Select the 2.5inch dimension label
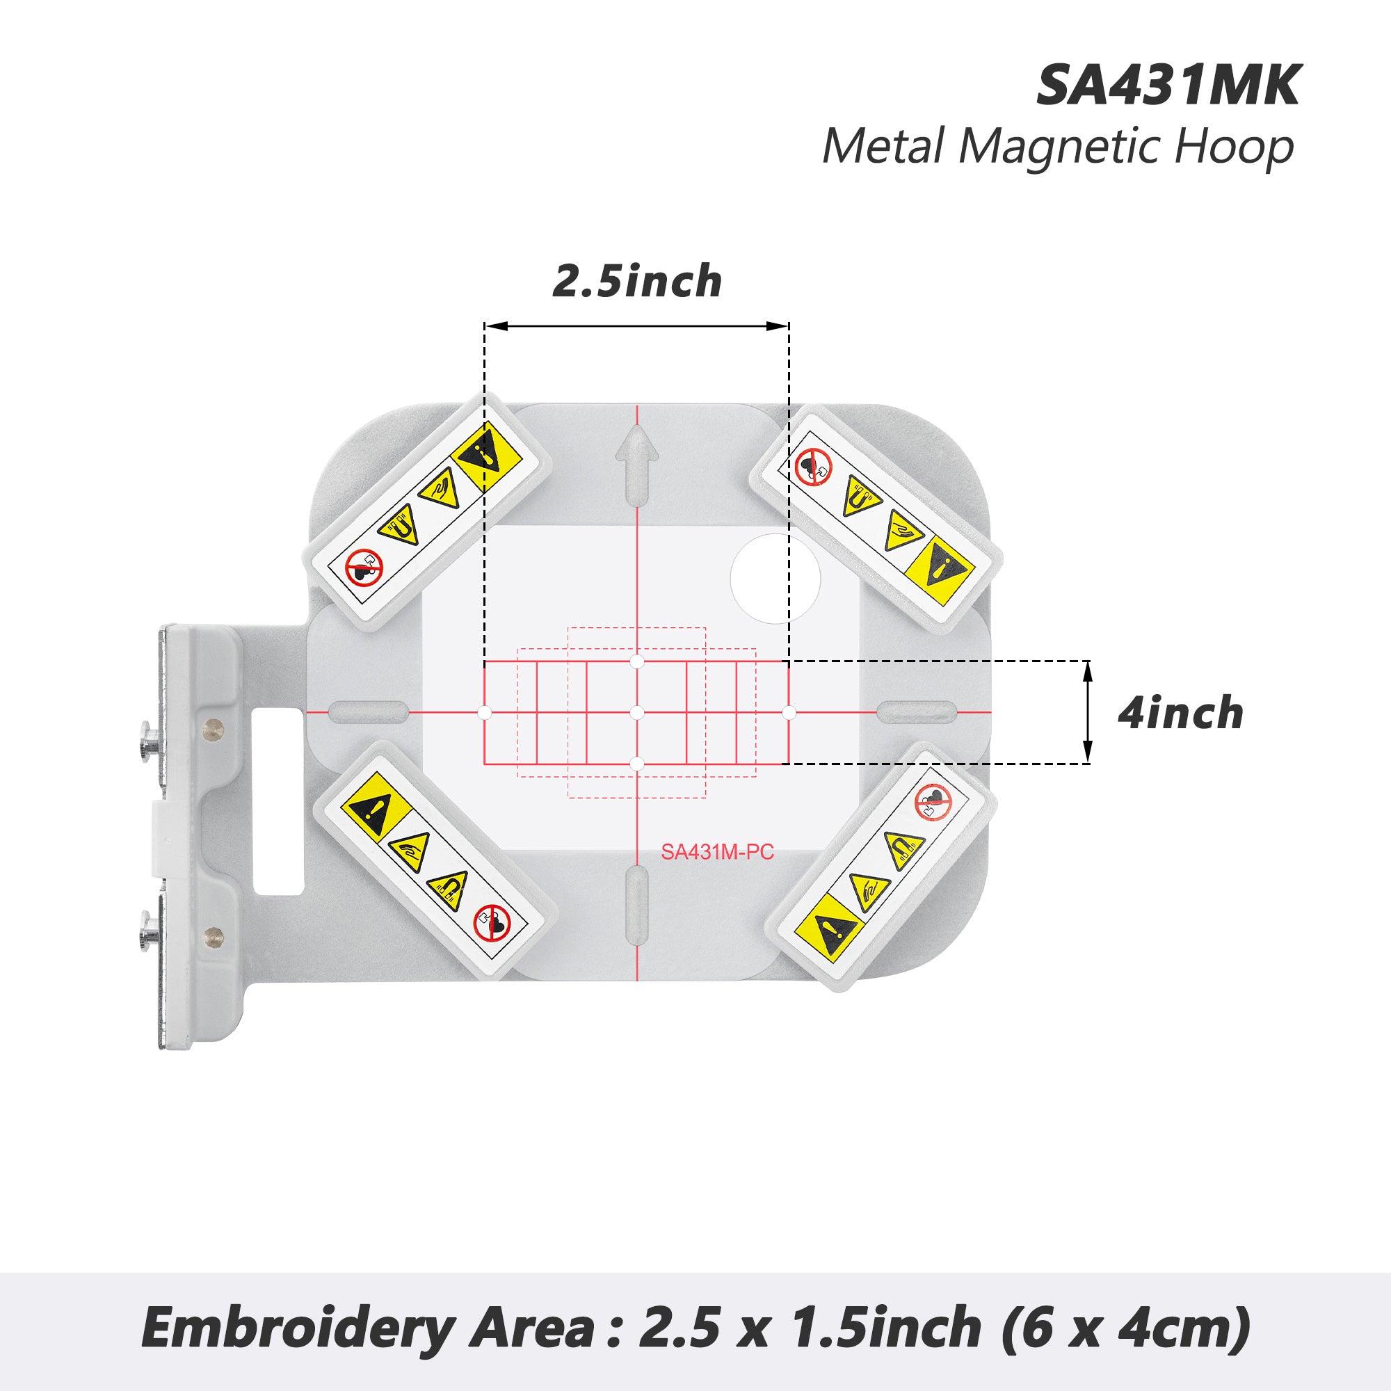click(637, 282)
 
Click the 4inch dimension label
click(1180, 714)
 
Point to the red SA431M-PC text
click(717, 853)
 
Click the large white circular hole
click(775, 579)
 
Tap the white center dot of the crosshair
click(636, 713)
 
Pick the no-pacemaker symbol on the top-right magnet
click(814, 467)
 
